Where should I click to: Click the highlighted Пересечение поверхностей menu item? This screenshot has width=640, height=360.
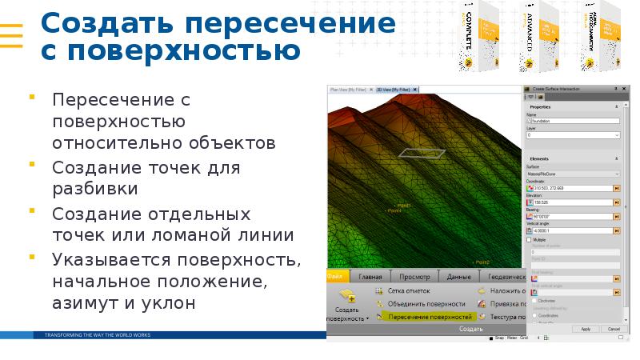(428, 317)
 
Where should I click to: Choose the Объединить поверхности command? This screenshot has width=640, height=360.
(426, 304)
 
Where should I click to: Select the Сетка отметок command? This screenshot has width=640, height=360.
(409, 291)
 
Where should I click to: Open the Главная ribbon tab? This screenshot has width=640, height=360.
(370, 276)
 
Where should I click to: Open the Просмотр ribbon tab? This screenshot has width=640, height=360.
(414, 276)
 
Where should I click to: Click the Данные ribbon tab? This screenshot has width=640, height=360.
(458, 276)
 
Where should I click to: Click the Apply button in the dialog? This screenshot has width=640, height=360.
(586, 329)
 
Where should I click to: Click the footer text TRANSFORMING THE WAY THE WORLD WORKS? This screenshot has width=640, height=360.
(97, 334)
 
